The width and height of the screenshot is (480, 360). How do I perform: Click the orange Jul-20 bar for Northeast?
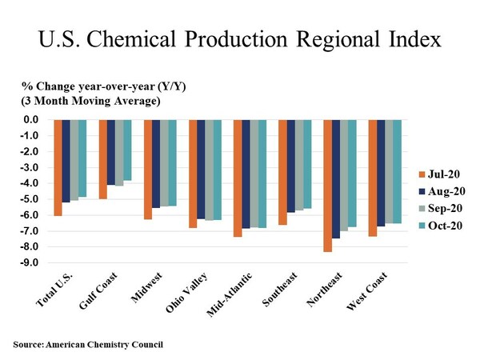click(x=328, y=186)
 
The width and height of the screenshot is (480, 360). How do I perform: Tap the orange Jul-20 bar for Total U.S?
click(x=58, y=167)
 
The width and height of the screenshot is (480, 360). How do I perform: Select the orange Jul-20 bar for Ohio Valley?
click(x=193, y=174)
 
